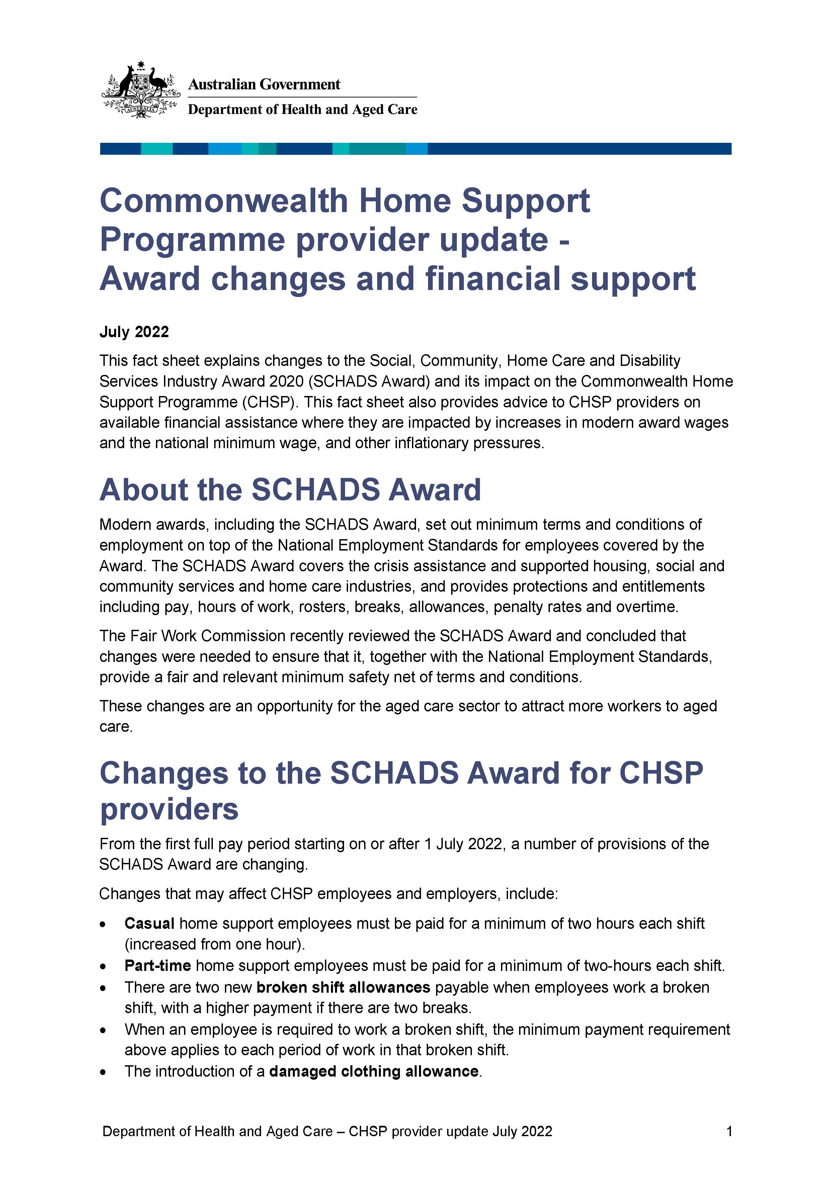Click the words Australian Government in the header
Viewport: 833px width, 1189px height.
(x=264, y=84)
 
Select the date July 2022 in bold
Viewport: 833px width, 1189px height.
(x=134, y=332)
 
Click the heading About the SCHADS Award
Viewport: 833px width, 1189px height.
(x=290, y=490)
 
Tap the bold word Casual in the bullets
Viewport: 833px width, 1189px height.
(x=149, y=923)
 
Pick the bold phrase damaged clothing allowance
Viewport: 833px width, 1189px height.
(x=373, y=1071)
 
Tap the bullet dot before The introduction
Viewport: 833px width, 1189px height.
(x=104, y=1072)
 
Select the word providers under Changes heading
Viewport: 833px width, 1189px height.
(x=169, y=809)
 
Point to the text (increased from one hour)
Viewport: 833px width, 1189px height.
(x=215, y=945)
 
